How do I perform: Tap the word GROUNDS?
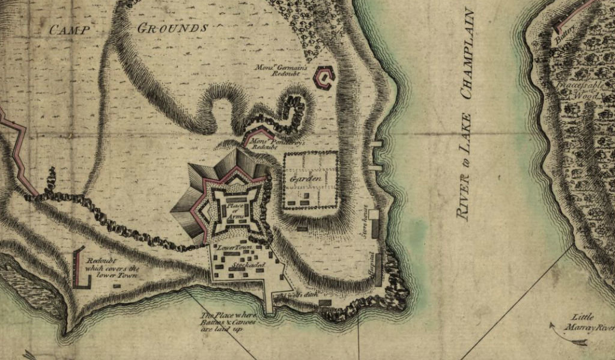click(173, 28)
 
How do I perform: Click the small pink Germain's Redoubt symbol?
click(324, 78)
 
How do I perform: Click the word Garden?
click(303, 180)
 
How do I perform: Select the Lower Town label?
click(232, 248)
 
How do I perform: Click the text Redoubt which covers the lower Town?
click(112, 268)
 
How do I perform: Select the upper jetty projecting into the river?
click(377, 144)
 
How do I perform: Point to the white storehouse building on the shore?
click(373, 214)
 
